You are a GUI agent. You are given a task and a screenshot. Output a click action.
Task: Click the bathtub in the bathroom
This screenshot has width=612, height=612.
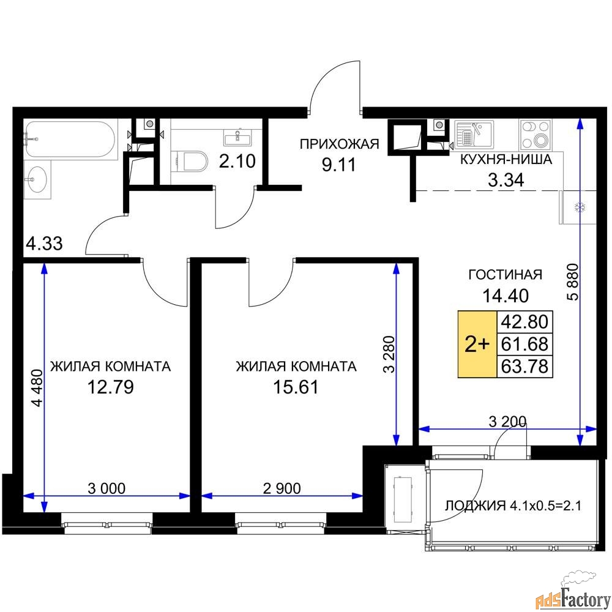point(70,140)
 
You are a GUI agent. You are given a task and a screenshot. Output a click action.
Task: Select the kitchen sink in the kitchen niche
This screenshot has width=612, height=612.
point(474,135)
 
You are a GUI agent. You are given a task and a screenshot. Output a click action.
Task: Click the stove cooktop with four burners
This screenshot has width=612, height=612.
point(535,135)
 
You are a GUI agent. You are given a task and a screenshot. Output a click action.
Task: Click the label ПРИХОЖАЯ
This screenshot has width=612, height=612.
point(339,144)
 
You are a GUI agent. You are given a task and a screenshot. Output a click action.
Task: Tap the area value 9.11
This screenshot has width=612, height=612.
point(339,165)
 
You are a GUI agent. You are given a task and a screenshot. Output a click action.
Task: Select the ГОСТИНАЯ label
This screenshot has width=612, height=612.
point(505,275)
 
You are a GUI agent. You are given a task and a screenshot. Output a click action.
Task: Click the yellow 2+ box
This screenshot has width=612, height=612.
point(477,344)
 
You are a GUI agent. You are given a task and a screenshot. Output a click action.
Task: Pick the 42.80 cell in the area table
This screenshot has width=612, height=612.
point(524,322)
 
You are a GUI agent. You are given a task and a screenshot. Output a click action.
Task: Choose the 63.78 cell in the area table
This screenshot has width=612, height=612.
point(524,367)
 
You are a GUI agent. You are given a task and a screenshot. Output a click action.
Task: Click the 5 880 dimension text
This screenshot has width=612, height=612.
point(573,282)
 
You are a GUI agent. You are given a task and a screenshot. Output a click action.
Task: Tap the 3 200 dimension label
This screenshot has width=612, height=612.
point(507,421)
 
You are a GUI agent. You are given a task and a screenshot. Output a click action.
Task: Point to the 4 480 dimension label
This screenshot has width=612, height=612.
point(37,388)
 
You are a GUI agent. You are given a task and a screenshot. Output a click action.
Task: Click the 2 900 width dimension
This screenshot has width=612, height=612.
point(282,488)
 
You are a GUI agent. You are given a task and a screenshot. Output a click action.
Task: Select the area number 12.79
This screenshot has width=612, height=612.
point(110,387)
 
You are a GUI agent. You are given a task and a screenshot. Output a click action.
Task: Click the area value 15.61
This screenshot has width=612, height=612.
point(296,387)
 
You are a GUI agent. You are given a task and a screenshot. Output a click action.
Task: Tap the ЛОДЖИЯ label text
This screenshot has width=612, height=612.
point(476,506)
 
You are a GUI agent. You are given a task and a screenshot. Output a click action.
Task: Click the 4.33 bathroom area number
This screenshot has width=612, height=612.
point(44,244)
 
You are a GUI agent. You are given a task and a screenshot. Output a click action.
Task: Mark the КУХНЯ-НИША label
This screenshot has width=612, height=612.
point(506,159)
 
